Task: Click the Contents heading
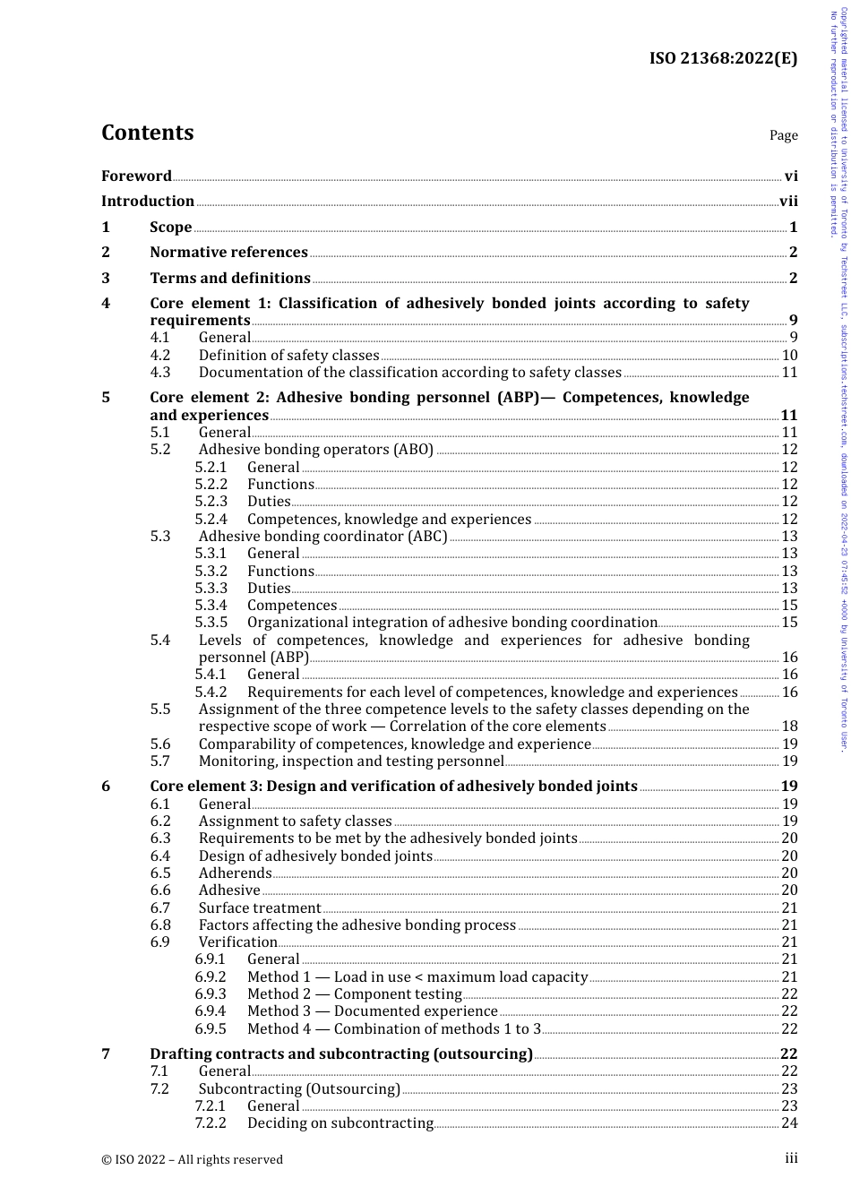[147, 133]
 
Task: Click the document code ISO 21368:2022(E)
[723, 59]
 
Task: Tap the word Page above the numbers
[783, 135]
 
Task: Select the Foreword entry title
[136, 176]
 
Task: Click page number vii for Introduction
[788, 202]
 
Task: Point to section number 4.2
[159, 356]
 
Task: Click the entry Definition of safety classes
[288, 356]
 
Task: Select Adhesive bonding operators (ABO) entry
[315, 450]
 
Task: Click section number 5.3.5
[211, 623]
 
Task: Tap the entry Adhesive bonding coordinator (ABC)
[322, 537]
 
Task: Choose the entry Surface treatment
[259, 908]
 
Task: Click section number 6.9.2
[211, 977]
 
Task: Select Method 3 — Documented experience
[372, 1011]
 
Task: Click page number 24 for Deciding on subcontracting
[789, 1123]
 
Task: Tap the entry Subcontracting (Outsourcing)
[299, 1089]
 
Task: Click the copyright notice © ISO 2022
[192, 1159]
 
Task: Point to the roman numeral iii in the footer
[791, 1158]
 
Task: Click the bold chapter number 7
[106, 1054]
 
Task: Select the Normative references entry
[228, 253]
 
